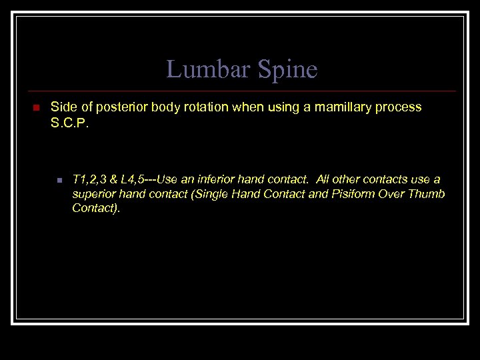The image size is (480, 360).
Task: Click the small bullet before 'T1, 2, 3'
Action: pos(59,181)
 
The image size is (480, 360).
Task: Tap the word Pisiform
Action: pos(354,194)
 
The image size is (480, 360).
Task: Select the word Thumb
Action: pos(427,194)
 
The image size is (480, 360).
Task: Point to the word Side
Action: pos(63,107)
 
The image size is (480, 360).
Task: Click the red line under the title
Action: pos(240,91)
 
